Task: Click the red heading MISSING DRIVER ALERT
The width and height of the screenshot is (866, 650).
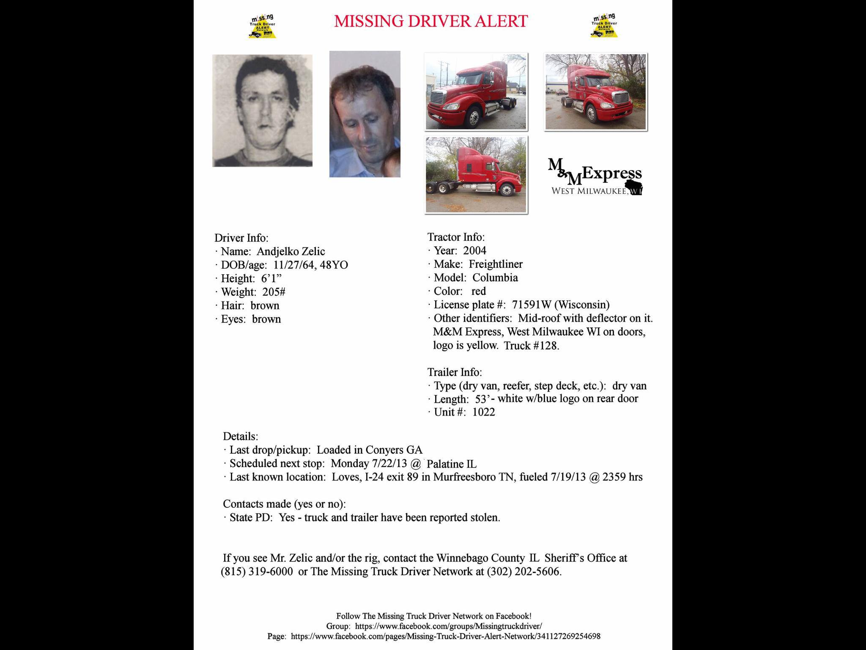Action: pos(431,21)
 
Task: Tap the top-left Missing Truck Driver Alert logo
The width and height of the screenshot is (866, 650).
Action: pos(262,27)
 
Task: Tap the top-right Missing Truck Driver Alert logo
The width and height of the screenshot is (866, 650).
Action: pos(604,26)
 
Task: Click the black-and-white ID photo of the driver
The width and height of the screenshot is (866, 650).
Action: pos(262,110)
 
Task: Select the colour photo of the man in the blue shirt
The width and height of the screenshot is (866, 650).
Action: pos(364,114)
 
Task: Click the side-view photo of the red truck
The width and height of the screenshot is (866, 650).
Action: pos(476,174)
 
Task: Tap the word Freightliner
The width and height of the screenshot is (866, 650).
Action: pos(496,264)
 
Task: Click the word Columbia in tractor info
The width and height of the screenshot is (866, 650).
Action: pos(495,278)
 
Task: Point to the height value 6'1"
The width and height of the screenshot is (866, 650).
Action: pos(271,278)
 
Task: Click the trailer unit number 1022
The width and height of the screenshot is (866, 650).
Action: pos(483,412)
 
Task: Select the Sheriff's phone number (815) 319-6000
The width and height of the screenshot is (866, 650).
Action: pos(257,572)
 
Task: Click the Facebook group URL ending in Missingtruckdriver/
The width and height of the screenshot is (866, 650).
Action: pos(448,626)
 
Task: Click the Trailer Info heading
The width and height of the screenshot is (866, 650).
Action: pos(455,372)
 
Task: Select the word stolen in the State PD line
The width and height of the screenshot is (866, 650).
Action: pos(486,518)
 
